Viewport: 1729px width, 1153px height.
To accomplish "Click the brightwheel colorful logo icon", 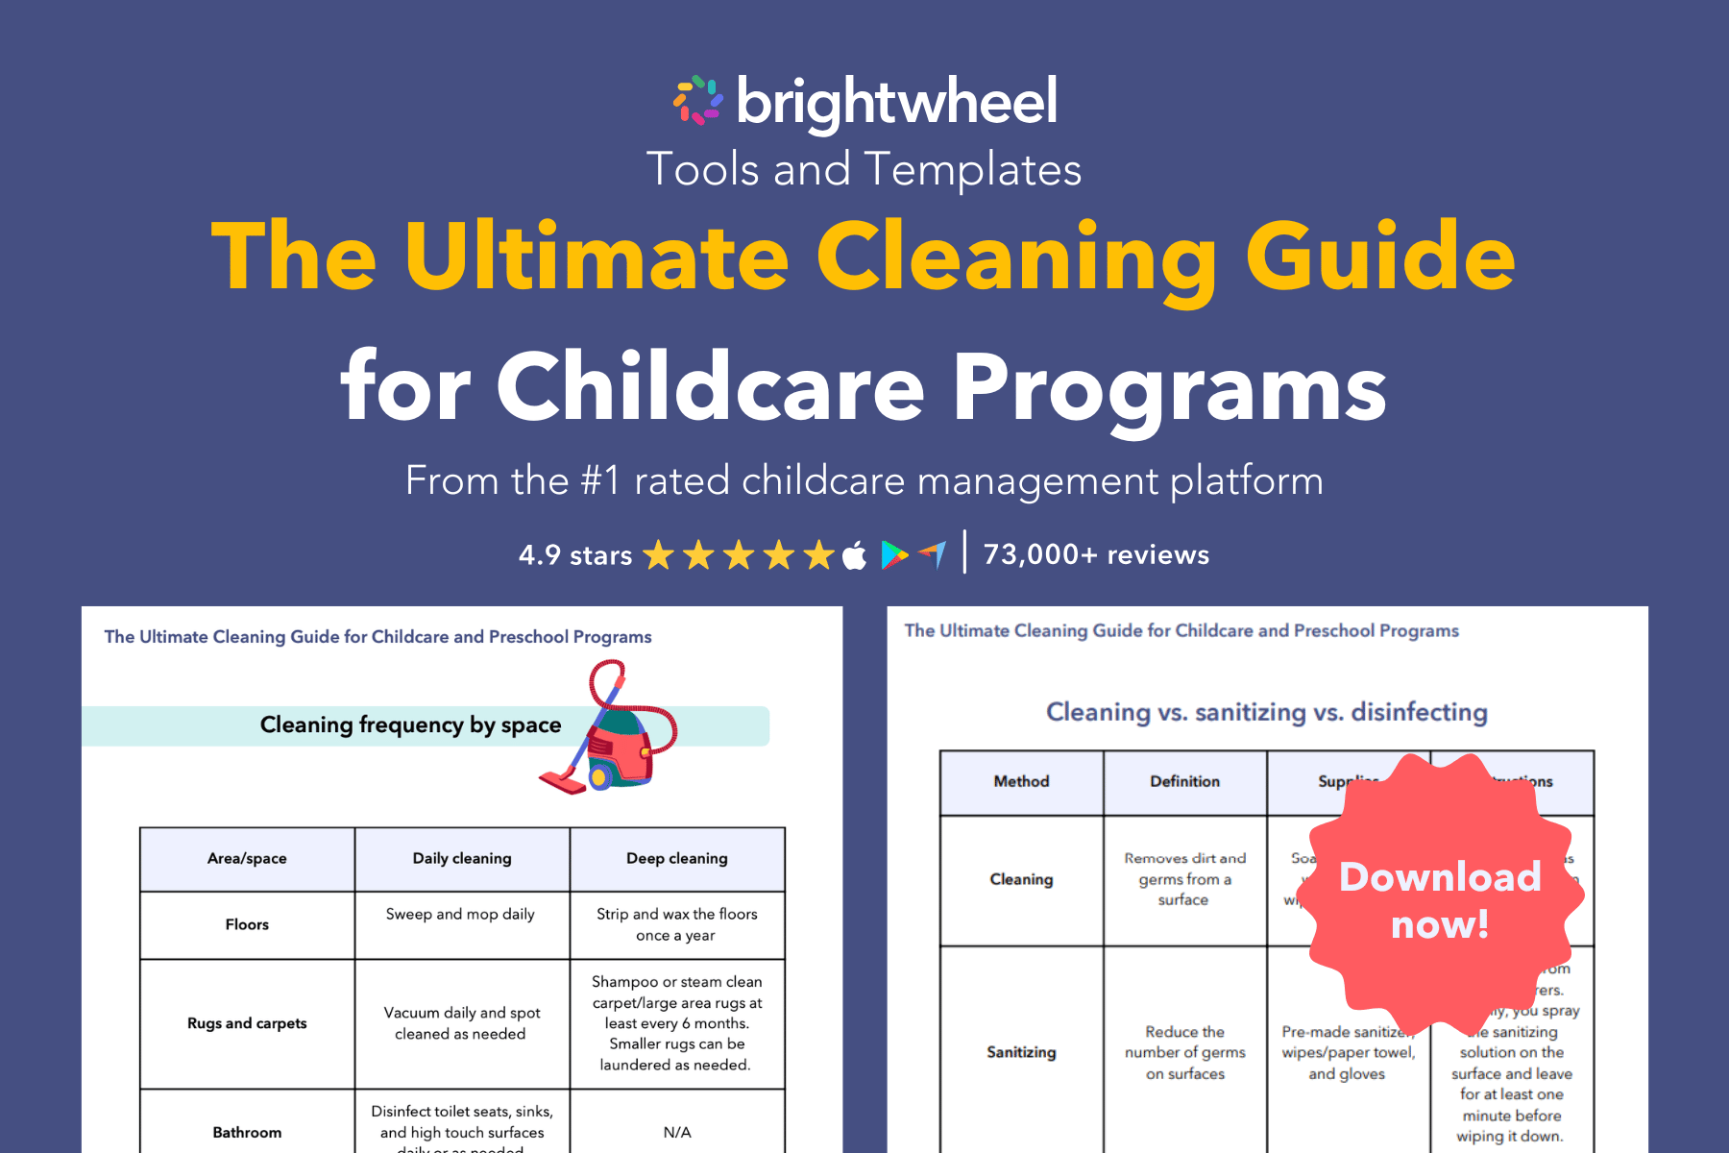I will [697, 100].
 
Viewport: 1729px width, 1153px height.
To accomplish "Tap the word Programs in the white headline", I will [1169, 387].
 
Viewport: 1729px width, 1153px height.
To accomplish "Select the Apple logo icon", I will [854, 555].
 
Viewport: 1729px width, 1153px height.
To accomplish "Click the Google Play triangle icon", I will [893, 554].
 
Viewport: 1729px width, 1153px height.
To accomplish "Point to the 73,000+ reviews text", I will [1096, 554].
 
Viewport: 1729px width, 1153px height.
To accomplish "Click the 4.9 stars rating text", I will [574, 555].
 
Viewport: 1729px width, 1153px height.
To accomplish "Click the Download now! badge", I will [1440, 899].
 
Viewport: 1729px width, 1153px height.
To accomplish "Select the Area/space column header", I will [247, 858].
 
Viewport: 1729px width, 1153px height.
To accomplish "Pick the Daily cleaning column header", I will [462, 858].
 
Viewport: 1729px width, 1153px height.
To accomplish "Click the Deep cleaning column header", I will [677, 858].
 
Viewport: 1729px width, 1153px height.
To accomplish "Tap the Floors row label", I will [247, 924].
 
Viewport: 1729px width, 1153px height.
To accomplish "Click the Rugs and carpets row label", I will [247, 1023].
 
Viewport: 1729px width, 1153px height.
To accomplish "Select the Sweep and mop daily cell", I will [460, 914].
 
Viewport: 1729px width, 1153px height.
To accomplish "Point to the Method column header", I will [1021, 781].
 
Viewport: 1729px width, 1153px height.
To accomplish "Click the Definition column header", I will [1184, 781].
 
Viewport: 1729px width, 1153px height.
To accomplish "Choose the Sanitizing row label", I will [1021, 1052].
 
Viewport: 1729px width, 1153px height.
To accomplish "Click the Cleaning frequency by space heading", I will [410, 724].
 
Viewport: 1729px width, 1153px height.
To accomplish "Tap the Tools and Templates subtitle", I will [864, 169].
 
